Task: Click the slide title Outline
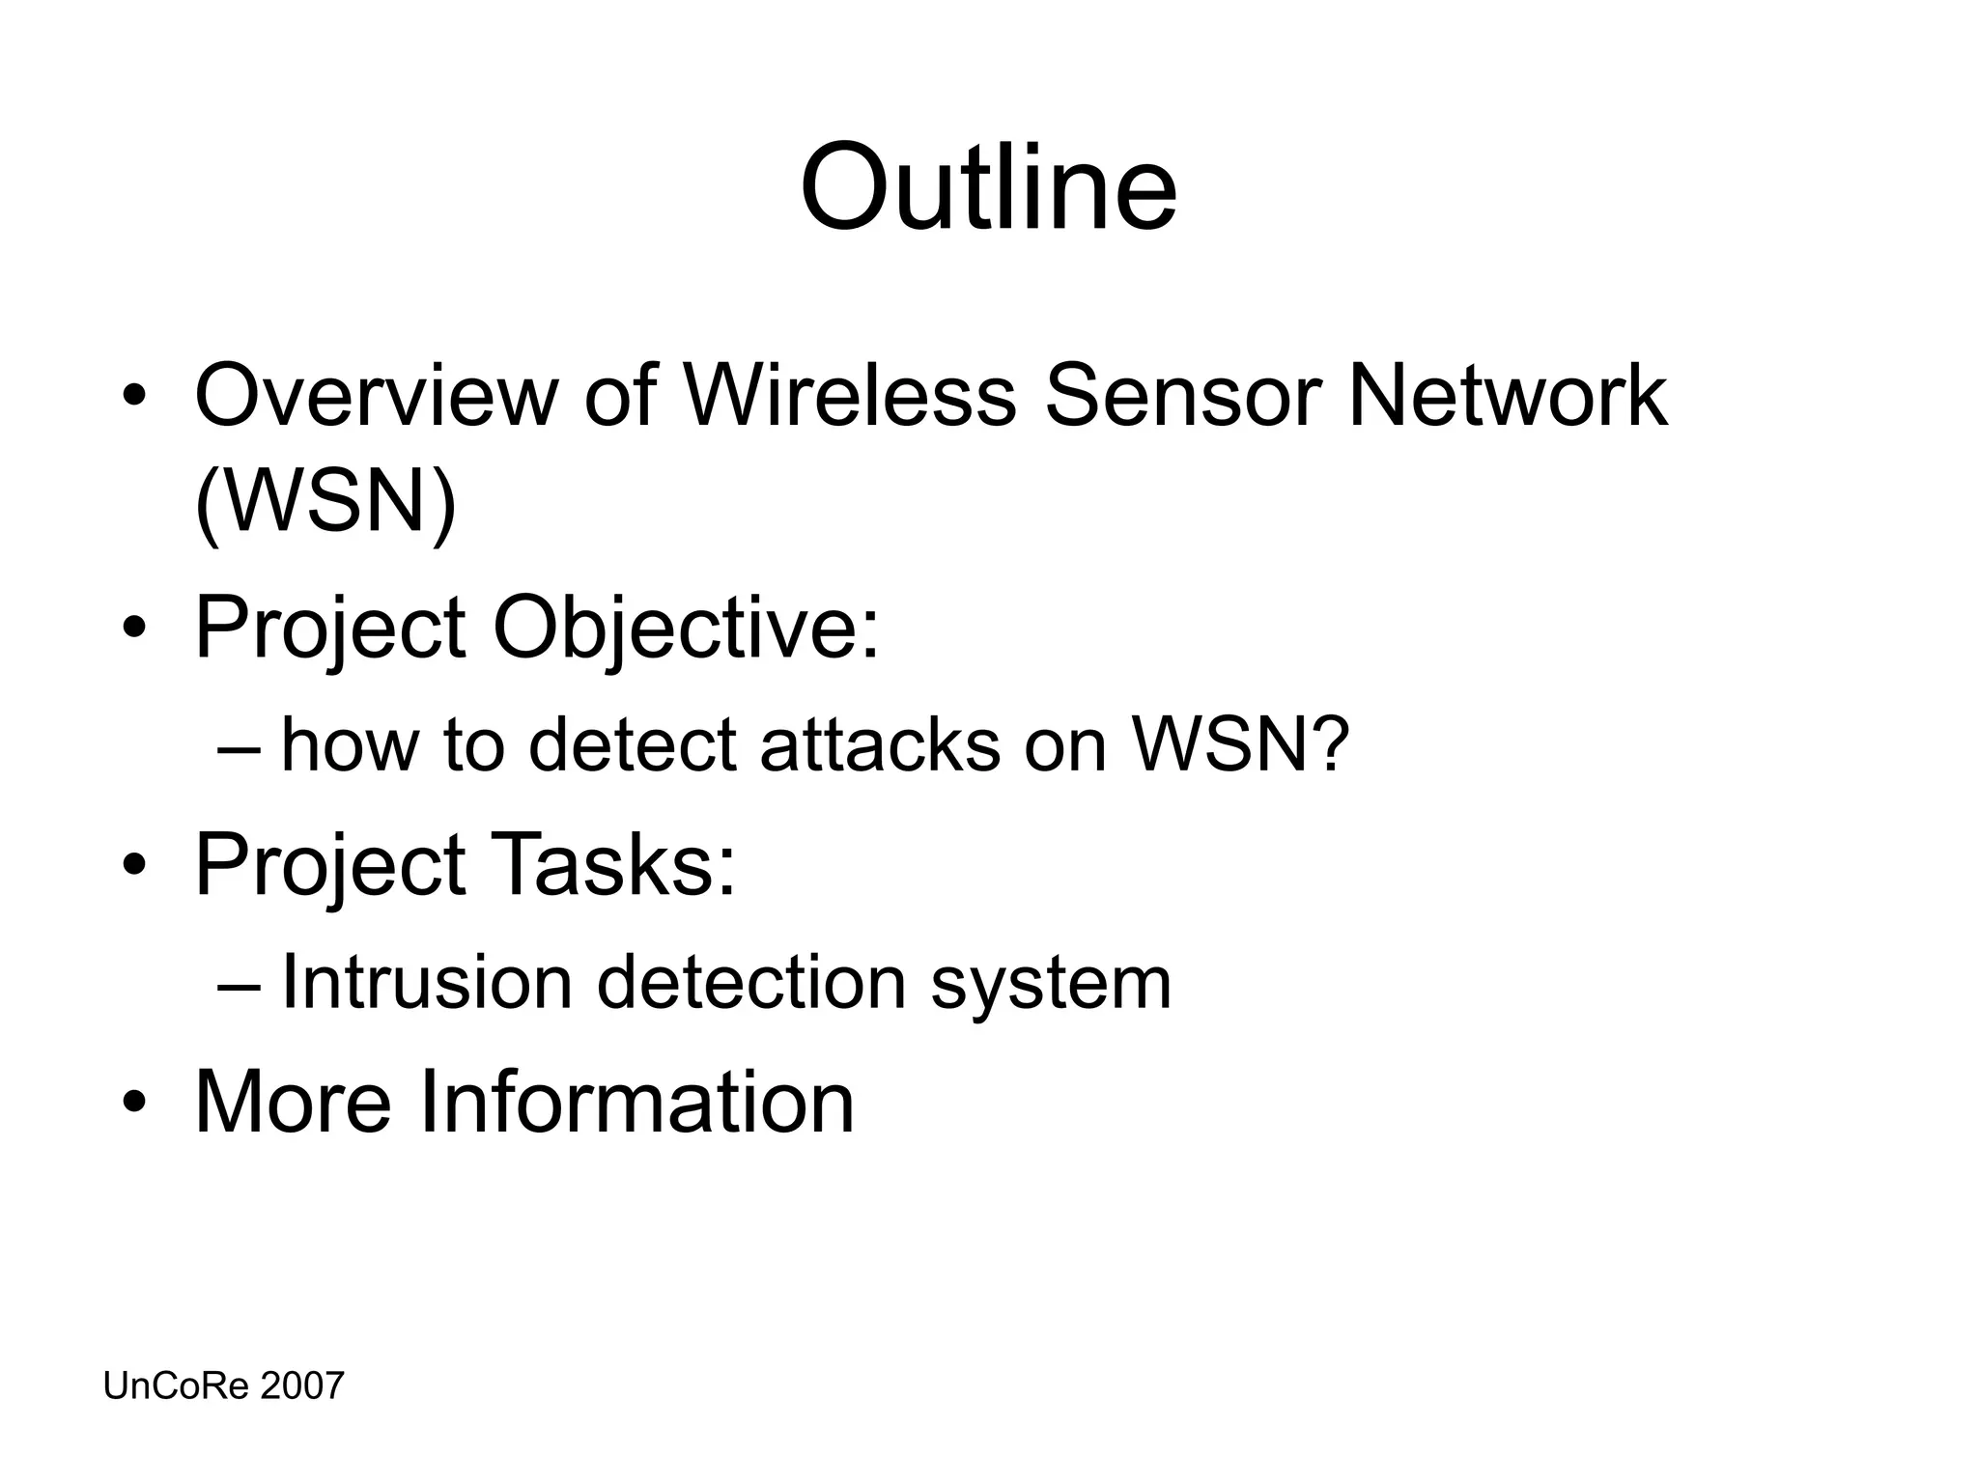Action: point(988,187)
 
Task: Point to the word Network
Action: point(1507,396)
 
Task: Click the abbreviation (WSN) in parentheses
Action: point(325,503)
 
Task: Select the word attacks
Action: point(880,746)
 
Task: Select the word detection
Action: point(751,983)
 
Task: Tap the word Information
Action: point(636,1102)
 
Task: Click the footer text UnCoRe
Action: point(176,1386)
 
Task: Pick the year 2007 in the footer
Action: point(302,1386)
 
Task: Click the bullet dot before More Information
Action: point(134,1104)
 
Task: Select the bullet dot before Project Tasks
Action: point(134,865)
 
